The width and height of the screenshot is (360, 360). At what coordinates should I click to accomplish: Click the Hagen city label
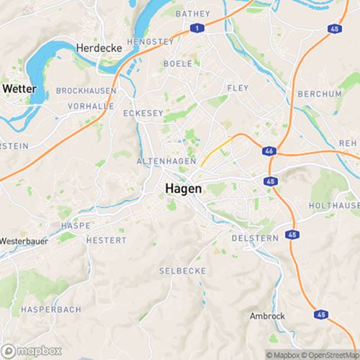coord(184,188)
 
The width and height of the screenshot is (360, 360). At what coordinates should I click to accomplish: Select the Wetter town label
coord(19,88)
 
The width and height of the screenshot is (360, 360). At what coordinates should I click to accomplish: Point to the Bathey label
coord(192,14)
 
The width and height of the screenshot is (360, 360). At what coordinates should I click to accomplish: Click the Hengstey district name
coord(150,42)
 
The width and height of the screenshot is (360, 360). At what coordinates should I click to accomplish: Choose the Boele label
coord(178,63)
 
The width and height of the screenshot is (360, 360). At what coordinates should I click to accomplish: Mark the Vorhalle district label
coord(91,106)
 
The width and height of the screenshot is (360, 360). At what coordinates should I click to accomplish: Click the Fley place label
coord(238,88)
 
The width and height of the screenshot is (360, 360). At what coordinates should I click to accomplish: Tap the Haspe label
coord(76,225)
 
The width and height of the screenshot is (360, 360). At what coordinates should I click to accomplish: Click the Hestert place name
coord(106,240)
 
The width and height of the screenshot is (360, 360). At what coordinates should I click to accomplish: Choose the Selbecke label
coord(182,271)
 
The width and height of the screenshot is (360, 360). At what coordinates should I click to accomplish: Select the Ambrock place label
coord(267,316)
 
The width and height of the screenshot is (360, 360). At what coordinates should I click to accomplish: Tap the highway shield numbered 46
coord(268,152)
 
